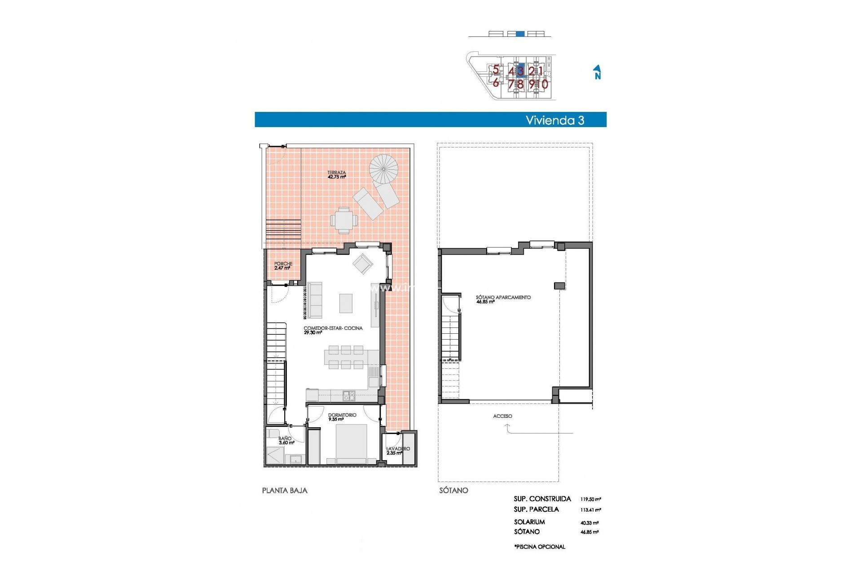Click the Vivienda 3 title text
click(x=554, y=120)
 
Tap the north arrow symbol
click(x=597, y=72)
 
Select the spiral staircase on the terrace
click(x=383, y=169)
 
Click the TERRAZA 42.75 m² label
click(x=336, y=175)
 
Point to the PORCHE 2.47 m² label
click(x=283, y=266)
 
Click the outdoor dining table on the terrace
click(x=344, y=220)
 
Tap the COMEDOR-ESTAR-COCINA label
click(x=333, y=330)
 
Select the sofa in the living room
click(x=315, y=300)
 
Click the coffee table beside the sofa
click(x=346, y=303)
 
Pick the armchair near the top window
click(x=362, y=264)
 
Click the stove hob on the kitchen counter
click(x=349, y=396)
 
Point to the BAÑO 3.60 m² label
click(x=286, y=440)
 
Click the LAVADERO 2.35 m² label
click(x=397, y=451)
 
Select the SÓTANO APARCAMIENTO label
click(x=503, y=299)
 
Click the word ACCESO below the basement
click(x=502, y=416)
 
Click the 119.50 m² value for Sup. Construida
click(x=590, y=499)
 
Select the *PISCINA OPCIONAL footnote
click(x=540, y=547)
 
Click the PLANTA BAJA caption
click(x=285, y=491)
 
